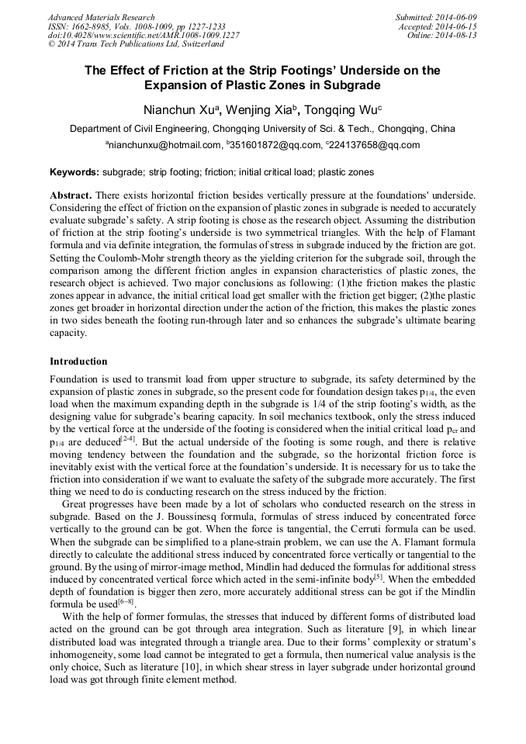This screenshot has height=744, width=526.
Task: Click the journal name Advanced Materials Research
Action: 101,17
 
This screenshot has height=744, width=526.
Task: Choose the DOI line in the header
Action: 144,36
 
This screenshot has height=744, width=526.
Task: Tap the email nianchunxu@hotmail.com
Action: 166,145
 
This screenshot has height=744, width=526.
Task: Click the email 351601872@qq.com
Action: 275,145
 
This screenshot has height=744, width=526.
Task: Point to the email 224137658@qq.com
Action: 375,145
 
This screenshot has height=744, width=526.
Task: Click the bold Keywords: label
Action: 74,172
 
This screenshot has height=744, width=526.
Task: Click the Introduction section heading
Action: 78,362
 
